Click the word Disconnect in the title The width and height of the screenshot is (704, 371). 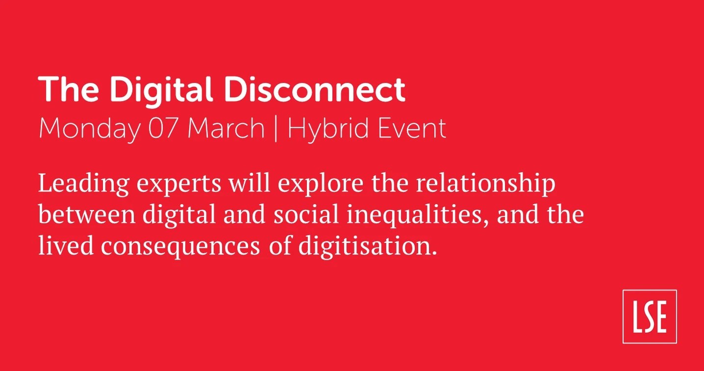coord(315,90)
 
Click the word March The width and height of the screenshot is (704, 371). coord(226,128)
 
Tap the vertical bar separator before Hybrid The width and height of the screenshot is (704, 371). coord(276,129)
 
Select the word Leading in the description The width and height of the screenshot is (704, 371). coord(84,185)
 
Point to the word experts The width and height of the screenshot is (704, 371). coord(179,185)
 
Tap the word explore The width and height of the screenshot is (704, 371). coord(321,185)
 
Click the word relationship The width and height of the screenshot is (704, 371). coord(485,185)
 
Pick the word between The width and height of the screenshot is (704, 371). coord(87,213)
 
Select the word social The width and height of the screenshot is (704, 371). coord(306,213)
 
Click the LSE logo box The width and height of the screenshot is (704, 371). coord(650,317)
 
